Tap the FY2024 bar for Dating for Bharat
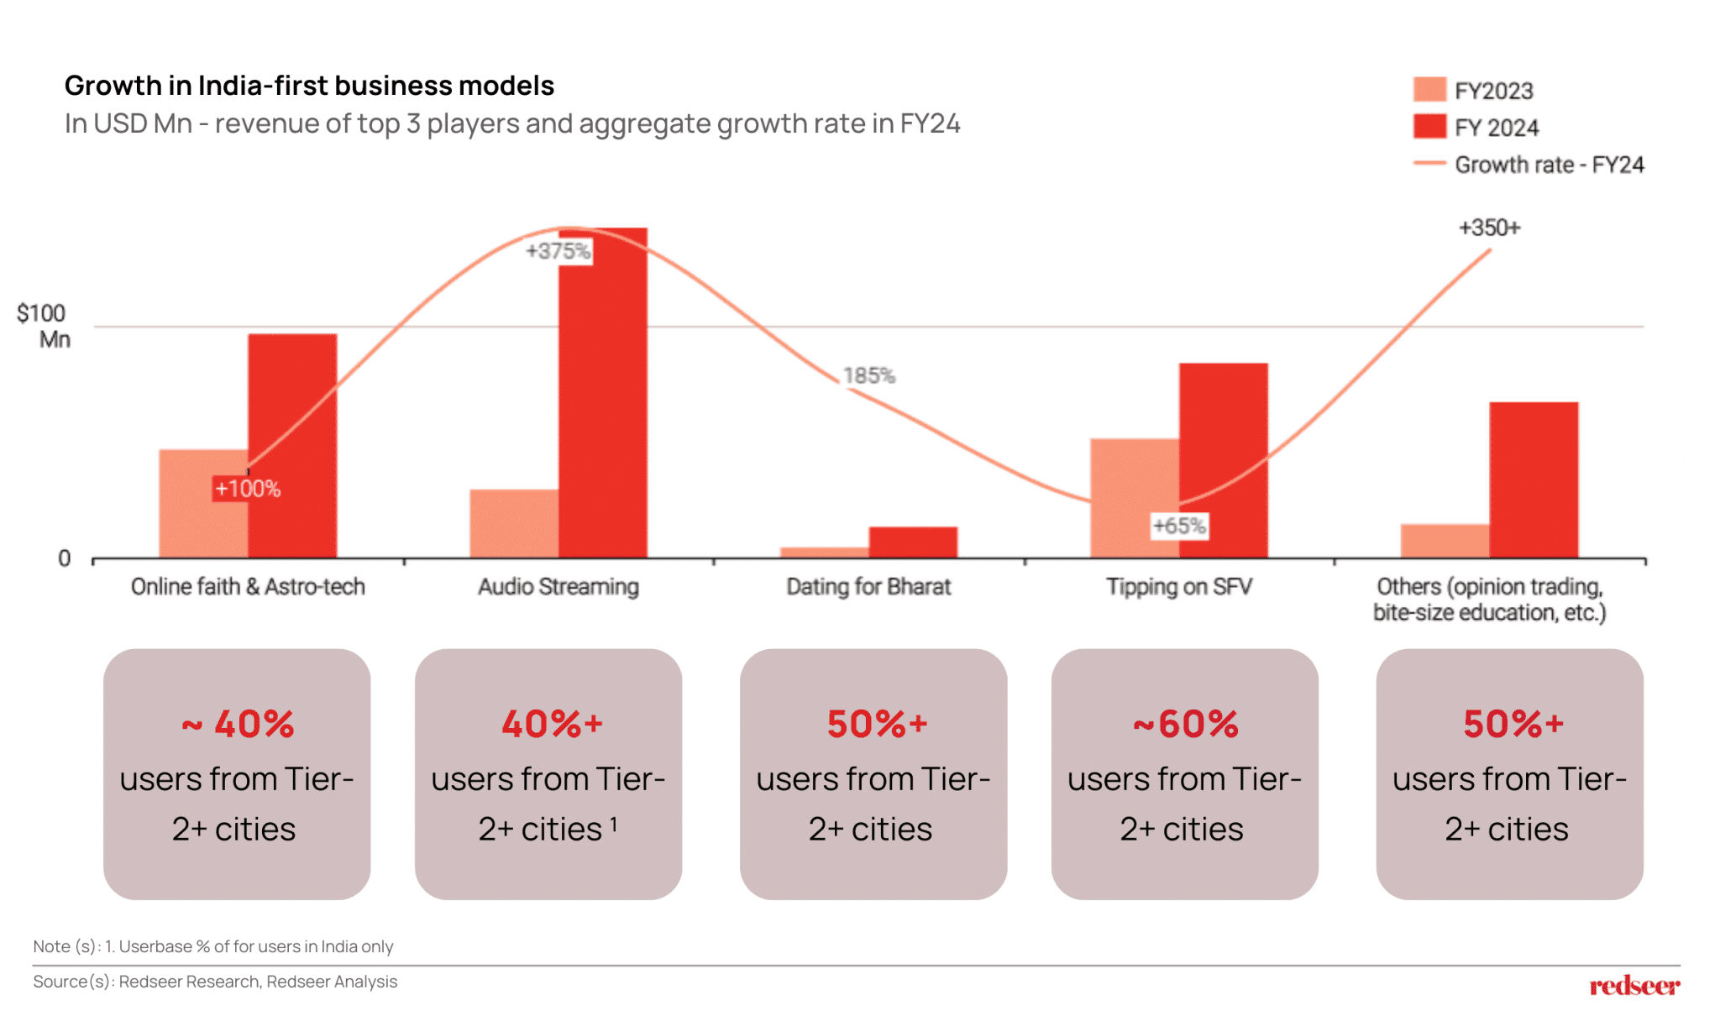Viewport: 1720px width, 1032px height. pyautogui.click(x=913, y=542)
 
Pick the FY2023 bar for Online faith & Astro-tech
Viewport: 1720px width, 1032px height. pyautogui.click(x=202, y=504)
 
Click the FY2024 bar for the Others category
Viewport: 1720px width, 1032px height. pyautogui.click(x=1534, y=479)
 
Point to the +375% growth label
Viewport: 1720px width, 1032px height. pyautogui.click(x=558, y=251)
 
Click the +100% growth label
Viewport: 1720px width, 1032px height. pyautogui.click(x=247, y=489)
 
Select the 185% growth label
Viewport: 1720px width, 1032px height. pyautogui.click(x=869, y=375)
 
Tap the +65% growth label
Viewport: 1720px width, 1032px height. pyautogui.click(x=1179, y=526)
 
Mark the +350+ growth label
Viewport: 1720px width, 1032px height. pyautogui.click(x=1489, y=228)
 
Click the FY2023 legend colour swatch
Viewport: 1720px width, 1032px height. pyautogui.click(x=1429, y=89)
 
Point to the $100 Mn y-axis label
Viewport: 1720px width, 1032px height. pyautogui.click(x=42, y=326)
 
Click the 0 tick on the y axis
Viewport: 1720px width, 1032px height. pyautogui.click(x=64, y=558)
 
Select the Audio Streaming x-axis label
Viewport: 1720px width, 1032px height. pyautogui.click(x=558, y=586)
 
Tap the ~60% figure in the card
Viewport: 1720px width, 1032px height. pyautogui.click(x=1185, y=724)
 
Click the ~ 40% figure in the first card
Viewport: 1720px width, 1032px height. pyautogui.click(x=238, y=724)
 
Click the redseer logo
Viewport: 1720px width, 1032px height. pyautogui.click(x=1633, y=985)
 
